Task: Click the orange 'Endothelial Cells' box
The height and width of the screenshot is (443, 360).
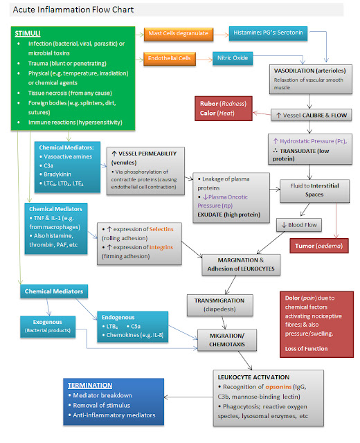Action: coord(170,58)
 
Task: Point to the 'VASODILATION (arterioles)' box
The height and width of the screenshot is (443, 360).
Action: coord(310,77)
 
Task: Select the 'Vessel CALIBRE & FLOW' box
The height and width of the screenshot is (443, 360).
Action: coord(310,115)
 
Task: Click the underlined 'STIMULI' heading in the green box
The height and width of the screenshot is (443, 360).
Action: coord(28,33)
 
